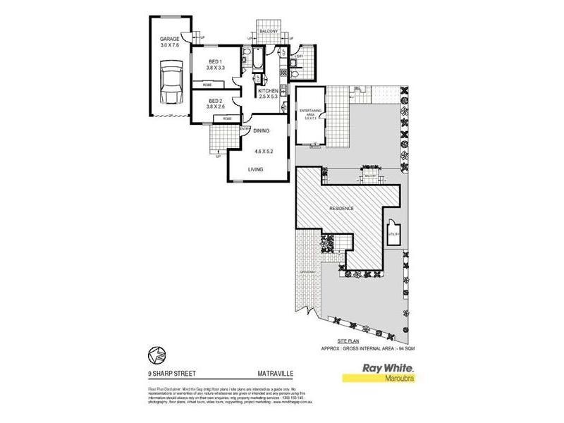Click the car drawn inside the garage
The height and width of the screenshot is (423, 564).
[169, 83]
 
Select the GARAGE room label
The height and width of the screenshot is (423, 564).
[169, 39]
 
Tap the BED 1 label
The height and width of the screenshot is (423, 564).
[215, 61]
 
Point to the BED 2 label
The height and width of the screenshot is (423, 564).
[215, 100]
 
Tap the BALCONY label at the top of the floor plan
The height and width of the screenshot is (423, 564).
[267, 30]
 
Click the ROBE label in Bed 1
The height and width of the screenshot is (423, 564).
[207, 85]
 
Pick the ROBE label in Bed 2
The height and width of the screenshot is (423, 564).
[227, 118]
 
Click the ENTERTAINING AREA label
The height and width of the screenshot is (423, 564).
[310, 113]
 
